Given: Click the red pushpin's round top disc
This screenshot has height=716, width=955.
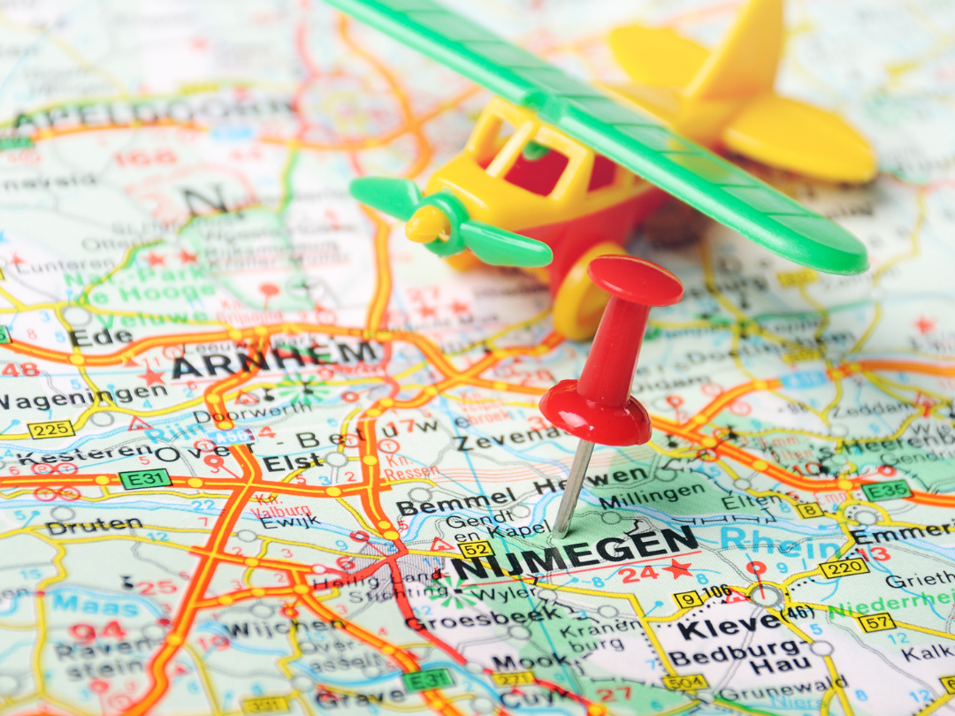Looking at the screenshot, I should coord(635,279).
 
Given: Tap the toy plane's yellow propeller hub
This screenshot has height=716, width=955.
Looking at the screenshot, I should coord(427,225).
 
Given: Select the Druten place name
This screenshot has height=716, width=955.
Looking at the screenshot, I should coord(94,526).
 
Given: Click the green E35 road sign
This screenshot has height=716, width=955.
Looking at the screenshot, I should coord(885,491).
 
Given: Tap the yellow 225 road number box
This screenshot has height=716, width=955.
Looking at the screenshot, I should coord(50,430).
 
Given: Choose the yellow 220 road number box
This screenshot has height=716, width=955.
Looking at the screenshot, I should coord(843,567).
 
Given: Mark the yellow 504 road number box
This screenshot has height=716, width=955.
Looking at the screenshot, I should coord(684,682).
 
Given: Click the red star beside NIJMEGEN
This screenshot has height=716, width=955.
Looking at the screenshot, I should coord(678,568).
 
